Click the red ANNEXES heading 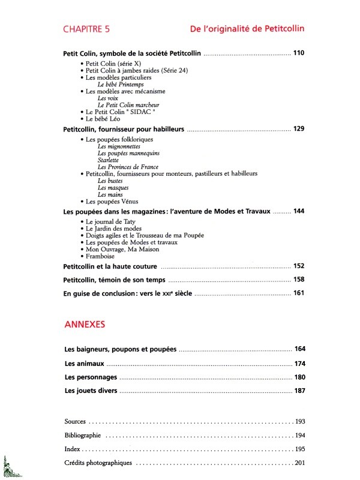coord(85,325)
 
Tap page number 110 coord(299,53)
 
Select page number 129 coord(299,129)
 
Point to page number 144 coord(299,211)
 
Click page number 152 coord(299,266)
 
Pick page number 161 coord(299,293)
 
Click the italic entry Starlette coord(108,160)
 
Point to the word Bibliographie coord(82,435)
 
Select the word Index coord(71,449)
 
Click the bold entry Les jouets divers coord(91,391)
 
